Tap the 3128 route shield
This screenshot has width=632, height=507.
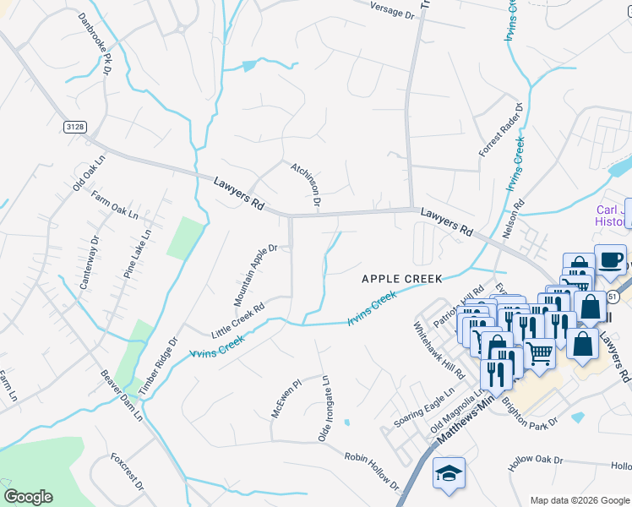coord(74,127)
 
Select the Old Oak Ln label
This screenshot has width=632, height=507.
coord(89,172)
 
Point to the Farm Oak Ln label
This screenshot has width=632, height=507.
coord(114,208)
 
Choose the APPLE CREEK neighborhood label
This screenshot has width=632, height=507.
coord(402,278)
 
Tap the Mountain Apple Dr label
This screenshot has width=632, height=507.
coord(256,275)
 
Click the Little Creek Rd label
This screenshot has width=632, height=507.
coord(237,319)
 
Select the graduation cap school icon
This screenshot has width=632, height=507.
coord(449,473)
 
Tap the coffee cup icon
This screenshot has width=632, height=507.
coord(610,259)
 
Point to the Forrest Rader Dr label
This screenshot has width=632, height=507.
coord(501,130)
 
